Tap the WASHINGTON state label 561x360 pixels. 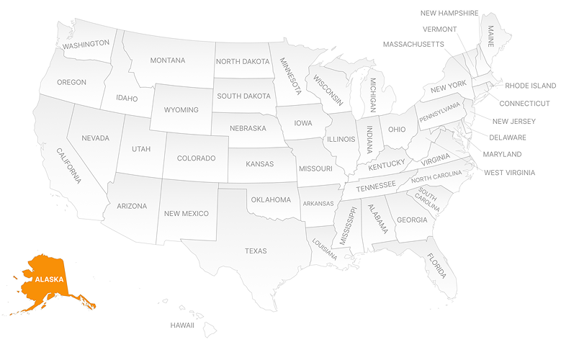[86, 44]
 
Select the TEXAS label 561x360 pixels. [256, 251]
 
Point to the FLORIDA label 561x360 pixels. [435, 266]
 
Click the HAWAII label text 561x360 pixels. [182, 325]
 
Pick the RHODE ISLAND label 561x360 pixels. [530, 86]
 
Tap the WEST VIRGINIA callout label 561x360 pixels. [509, 173]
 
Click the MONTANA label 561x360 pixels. [168, 60]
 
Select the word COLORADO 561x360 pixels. [197, 158]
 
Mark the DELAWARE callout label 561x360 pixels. [508, 138]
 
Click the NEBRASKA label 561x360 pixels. [248, 128]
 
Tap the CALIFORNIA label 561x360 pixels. [69, 166]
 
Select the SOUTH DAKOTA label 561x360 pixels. [243, 96]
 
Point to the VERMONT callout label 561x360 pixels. [439, 30]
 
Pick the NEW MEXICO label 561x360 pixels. [187, 214]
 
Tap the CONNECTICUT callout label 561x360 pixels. [525, 104]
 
